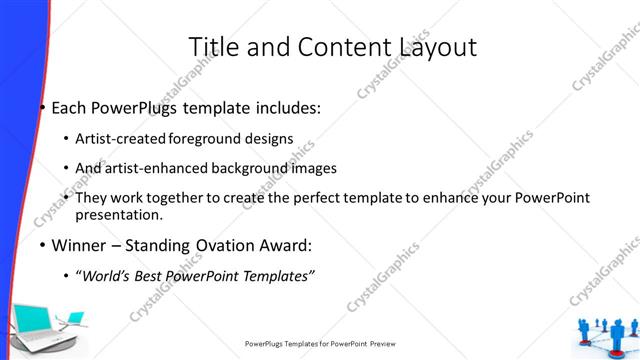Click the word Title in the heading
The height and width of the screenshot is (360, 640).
tap(215, 46)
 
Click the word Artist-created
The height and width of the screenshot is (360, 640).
tap(121, 139)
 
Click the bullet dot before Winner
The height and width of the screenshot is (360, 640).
tap(42, 245)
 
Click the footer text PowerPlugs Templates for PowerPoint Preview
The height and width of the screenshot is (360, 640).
tap(320, 344)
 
